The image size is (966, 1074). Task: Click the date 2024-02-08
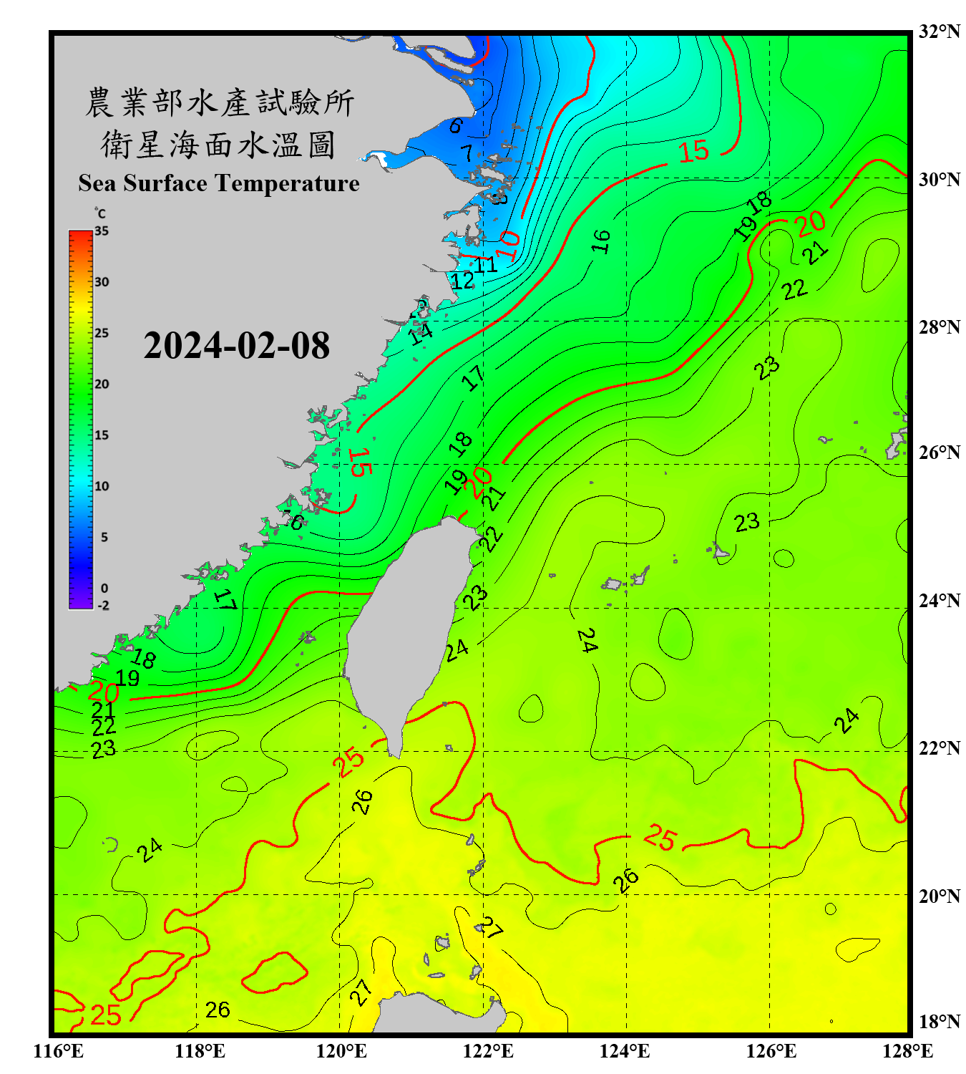(x=236, y=345)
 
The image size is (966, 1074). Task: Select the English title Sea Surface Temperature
(x=219, y=183)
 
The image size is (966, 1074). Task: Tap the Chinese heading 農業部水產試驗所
(x=220, y=102)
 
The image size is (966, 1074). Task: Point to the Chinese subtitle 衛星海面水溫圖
(x=218, y=145)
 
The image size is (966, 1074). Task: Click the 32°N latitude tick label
(x=939, y=32)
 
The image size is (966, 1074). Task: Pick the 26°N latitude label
(x=939, y=453)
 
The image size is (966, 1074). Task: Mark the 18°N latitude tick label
(x=939, y=1022)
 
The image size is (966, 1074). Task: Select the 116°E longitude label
(x=59, y=1051)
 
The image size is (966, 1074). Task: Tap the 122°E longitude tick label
(x=488, y=1051)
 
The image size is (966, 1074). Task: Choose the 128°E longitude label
(x=907, y=1051)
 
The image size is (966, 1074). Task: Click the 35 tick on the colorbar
(x=102, y=231)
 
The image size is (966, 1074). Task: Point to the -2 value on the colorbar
(x=103, y=606)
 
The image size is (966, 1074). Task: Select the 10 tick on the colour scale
(x=102, y=486)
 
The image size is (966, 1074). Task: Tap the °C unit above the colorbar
(x=99, y=213)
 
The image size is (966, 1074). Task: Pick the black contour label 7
(x=467, y=153)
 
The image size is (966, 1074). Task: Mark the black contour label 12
(x=462, y=281)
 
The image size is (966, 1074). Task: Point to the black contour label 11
(x=486, y=265)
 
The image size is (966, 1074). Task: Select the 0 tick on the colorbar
(x=104, y=589)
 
